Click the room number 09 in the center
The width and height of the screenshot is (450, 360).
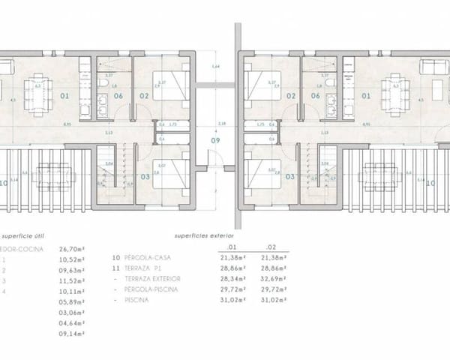pos(216,140)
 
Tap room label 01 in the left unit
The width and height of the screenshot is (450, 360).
pos(65,96)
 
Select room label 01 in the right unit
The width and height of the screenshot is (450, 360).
pos(367,96)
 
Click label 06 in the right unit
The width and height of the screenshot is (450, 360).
pos(315,96)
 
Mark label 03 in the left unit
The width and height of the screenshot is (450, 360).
pos(145,177)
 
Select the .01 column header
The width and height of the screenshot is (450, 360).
pos(232,246)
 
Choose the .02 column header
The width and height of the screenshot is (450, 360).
pos(270,246)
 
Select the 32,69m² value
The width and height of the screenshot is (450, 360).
pos(271,278)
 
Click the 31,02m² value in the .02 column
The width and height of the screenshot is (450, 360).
pos(271,299)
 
